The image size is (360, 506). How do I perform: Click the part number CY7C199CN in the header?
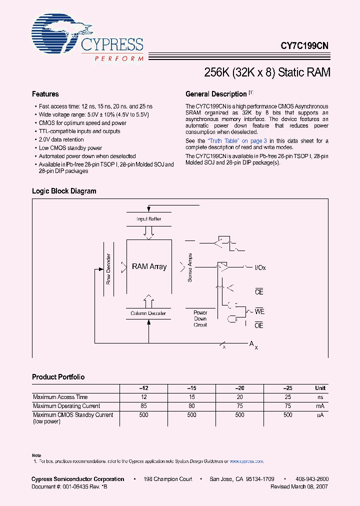pyautogui.click(x=304, y=45)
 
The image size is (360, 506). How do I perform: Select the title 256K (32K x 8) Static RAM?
pyautogui.click(x=267, y=72)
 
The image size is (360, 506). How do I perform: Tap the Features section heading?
pyautogui.click(x=45, y=94)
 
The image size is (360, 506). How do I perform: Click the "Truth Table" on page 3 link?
pyautogui.click(x=237, y=141)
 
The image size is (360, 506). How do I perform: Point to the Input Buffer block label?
pyautogui.click(x=148, y=219)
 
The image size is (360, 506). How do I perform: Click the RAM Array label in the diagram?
pyautogui.click(x=149, y=266)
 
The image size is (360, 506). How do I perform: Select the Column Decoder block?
pyautogui.click(x=148, y=313)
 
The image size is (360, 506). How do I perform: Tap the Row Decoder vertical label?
pyautogui.click(x=108, y=272)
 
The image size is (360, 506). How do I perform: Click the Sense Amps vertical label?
pyautogui.click(x=190, y=267)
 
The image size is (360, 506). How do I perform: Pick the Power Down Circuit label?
pyautogui.click(x=200, y=318)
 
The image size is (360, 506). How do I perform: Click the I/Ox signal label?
pyautogui.click(x=260, y=267)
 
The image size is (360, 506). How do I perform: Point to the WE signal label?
pyautogui.click(x=259, y=311)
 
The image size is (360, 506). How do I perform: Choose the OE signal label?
pyautogui.click(x=259, y=325)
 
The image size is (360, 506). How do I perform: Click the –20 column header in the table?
pyautogui.click(x=239, y=388)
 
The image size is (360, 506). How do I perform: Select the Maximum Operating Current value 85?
pyautogui.click(x=143, y=406)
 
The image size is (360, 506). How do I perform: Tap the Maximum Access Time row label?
pyautogui.click(x=60, y=397)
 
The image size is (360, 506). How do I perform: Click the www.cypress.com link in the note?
pyautogui.click(x=246, y=461)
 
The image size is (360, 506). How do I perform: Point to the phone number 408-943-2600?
pyautogui.click(x=312, y=479)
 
